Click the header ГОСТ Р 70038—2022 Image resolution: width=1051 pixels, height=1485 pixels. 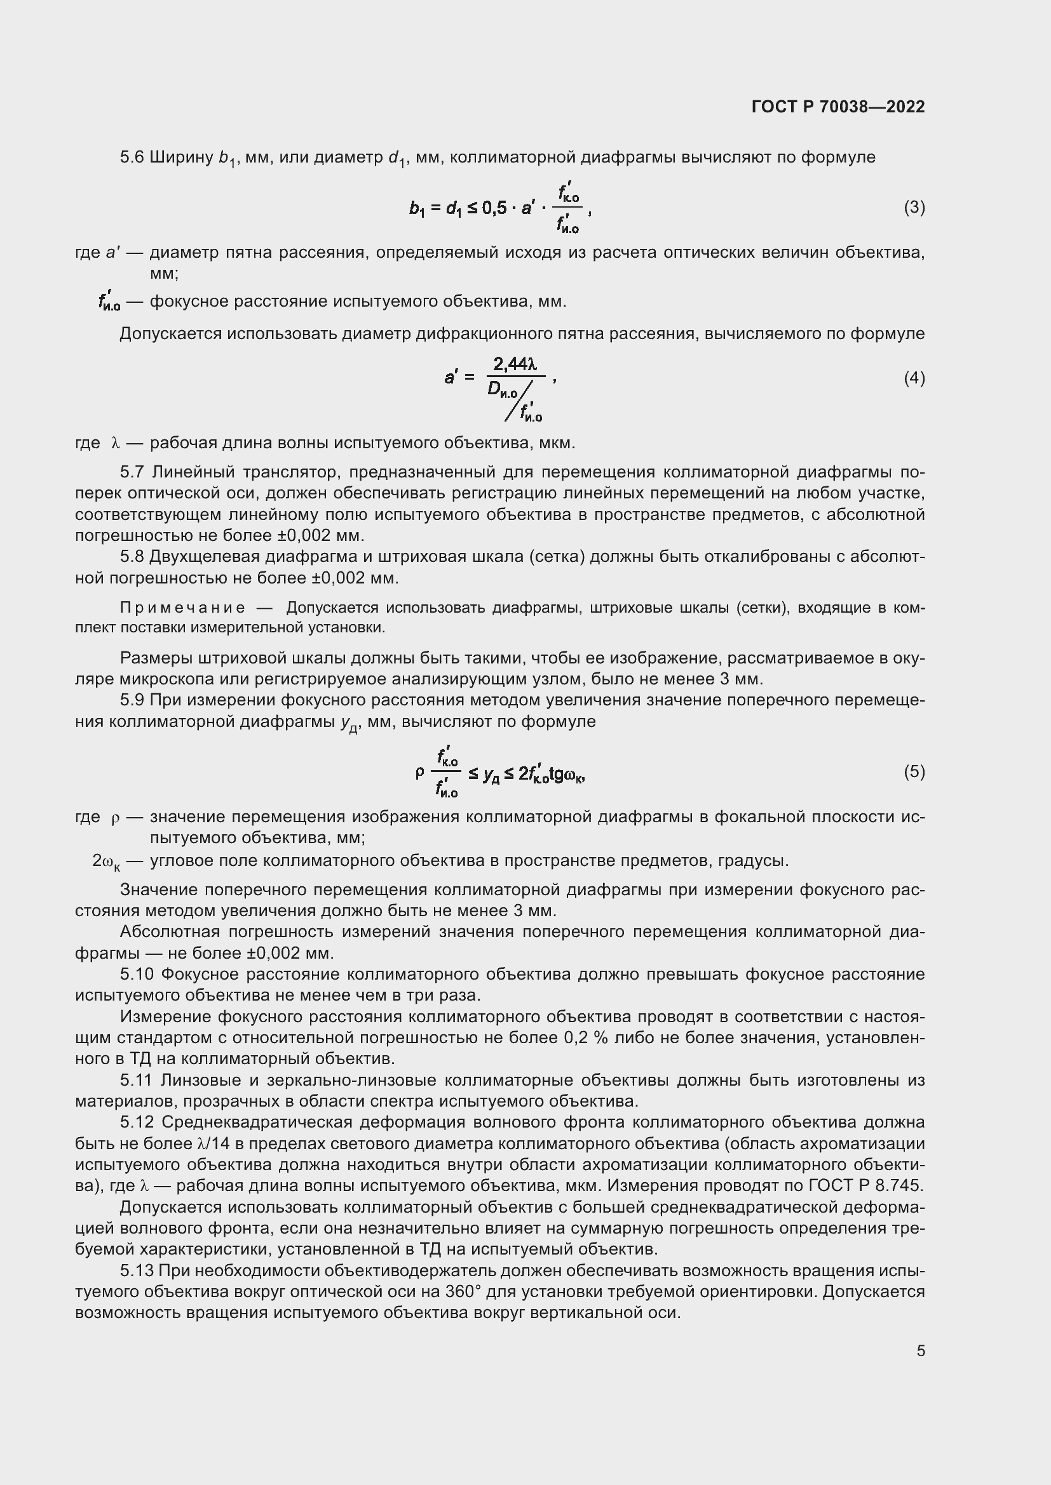(x=838, y=107)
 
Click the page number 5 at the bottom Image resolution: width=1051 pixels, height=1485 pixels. (x=920, y=1350)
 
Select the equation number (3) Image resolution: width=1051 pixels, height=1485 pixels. (x=914, y=208)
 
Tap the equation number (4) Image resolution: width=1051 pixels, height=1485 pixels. (x=914, y=378)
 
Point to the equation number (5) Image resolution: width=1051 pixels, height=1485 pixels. (x=914, y=771)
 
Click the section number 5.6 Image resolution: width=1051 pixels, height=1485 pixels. (x=132, y=157)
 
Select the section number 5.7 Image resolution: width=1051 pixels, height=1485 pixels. (x=132, y=472)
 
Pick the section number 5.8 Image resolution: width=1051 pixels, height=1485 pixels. (x=132, y=557)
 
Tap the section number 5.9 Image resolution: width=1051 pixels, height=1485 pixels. (x=132, y=700)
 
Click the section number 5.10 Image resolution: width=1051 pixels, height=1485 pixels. (x=137, y=975)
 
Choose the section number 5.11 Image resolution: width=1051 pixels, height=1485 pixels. (x=137, y=1080)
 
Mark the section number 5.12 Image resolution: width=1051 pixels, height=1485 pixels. (x=137, y=1122)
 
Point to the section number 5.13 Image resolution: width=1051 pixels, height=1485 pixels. (x=137, y=1271)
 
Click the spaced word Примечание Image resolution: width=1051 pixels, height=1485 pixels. (x=182, y=608)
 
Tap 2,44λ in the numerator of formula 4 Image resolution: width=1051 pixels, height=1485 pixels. (x=515, y=365)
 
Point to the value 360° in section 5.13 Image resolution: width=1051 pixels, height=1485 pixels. (x=463, y=1291)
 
